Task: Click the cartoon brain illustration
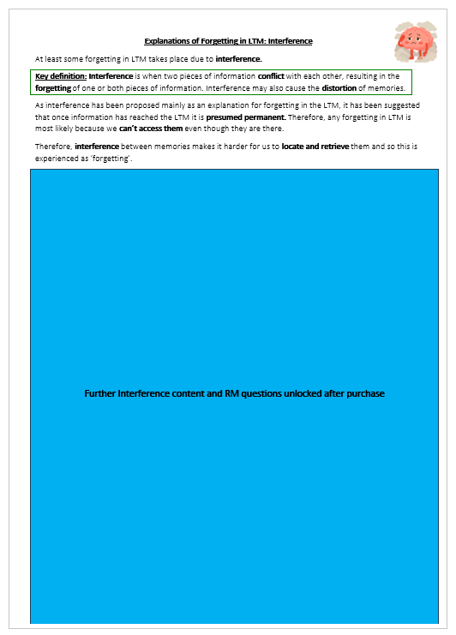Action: [416, 43]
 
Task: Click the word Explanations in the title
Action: [166, 41]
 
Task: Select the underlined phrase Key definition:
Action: [61, 76]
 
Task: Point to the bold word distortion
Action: [339, 87]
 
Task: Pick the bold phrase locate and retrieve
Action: [315, 147]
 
